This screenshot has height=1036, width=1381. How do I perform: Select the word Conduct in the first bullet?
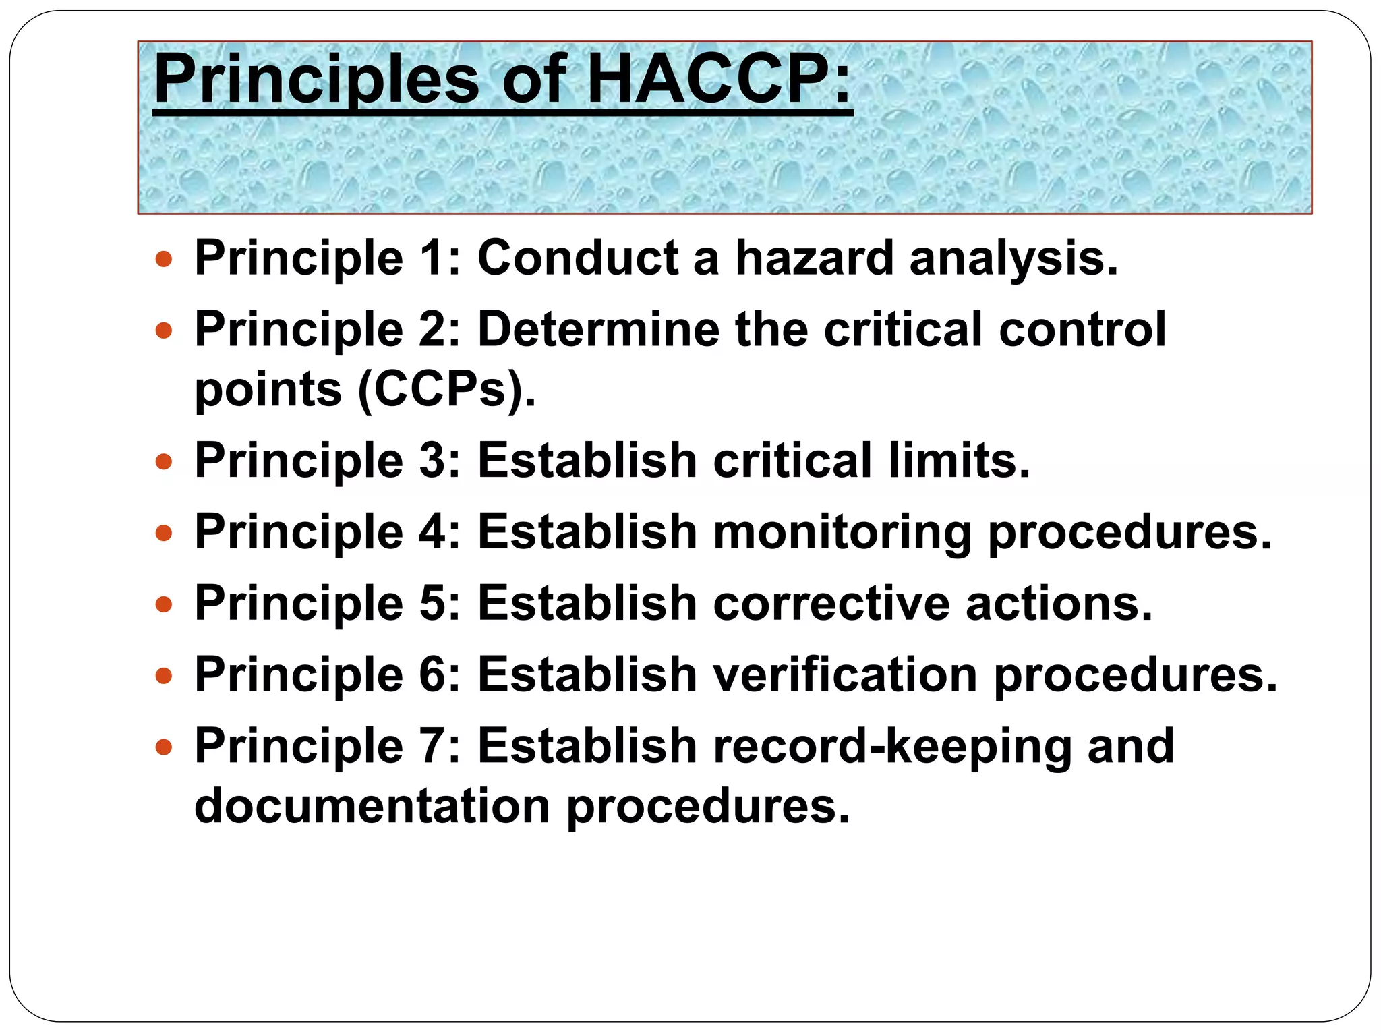click(578, 258)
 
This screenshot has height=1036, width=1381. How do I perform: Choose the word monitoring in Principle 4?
click(842, 532)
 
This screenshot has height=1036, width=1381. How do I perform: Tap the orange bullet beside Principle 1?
click(164, 259)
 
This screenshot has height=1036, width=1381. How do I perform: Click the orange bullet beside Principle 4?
click(164, 534)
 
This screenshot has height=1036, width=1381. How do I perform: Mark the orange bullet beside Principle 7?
click(164, 747)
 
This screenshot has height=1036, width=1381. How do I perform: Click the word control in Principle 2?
click(1082, 329)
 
